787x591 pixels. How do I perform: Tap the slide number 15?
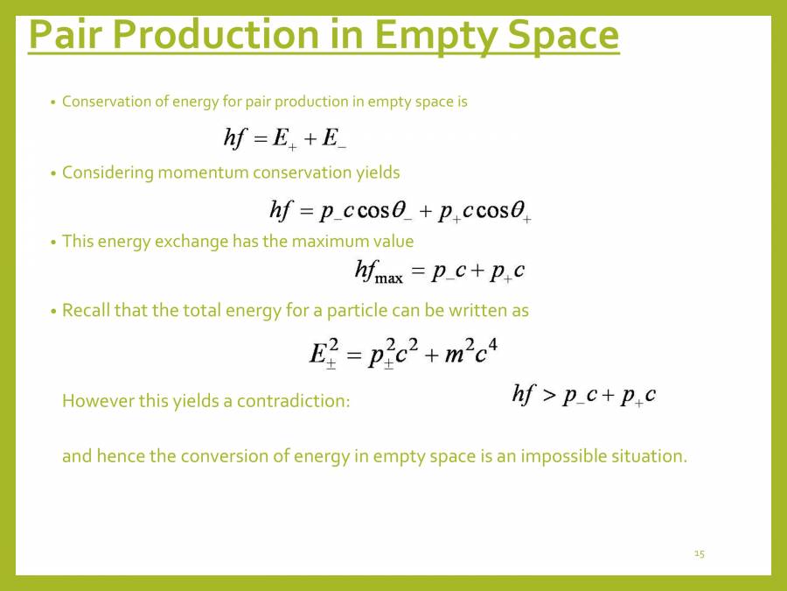coord(699,553)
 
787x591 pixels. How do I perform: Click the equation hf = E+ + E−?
coord(285,138)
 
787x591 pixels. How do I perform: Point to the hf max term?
coord(379,272)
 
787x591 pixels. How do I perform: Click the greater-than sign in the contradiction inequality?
coord(548,396)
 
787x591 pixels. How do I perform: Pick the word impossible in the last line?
coord(561,456)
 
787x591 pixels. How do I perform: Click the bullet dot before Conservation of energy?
coord(52,102)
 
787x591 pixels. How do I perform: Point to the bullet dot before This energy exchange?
coord(52,242)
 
